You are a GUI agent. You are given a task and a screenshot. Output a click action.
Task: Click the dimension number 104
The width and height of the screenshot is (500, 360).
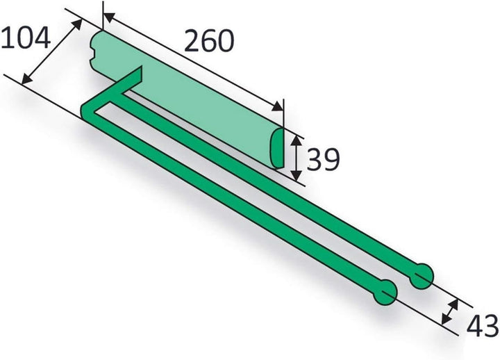click(x=26, y=38)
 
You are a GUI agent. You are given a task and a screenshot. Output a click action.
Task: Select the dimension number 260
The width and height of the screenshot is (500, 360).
click(x=209, y=40)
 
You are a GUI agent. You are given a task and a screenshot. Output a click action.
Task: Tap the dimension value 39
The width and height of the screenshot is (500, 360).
click(x=323, y=159)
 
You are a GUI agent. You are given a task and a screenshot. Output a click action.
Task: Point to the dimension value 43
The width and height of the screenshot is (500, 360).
click(x=483, y=325)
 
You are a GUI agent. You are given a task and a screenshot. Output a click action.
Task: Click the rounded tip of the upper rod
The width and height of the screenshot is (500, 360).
click(x=422, y=277)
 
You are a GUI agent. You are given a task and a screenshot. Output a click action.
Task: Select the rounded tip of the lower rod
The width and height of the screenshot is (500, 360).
click(x=385, y=293)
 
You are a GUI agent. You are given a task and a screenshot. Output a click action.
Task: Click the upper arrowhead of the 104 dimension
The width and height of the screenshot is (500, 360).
click(x=77, y=24)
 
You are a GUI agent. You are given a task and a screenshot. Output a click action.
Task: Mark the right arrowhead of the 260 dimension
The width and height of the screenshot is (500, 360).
click(x=277, y=106)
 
